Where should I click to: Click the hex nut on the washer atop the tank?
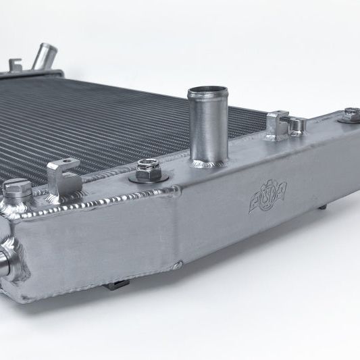(148, 166)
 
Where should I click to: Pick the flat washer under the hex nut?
(148, 176)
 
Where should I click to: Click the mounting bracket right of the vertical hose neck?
(276, 125)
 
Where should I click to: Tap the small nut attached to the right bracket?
(296, 124)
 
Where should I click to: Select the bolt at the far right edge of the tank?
(351, 115)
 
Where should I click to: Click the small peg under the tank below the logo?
(322, 207)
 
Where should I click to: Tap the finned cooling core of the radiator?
(101, 122)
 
